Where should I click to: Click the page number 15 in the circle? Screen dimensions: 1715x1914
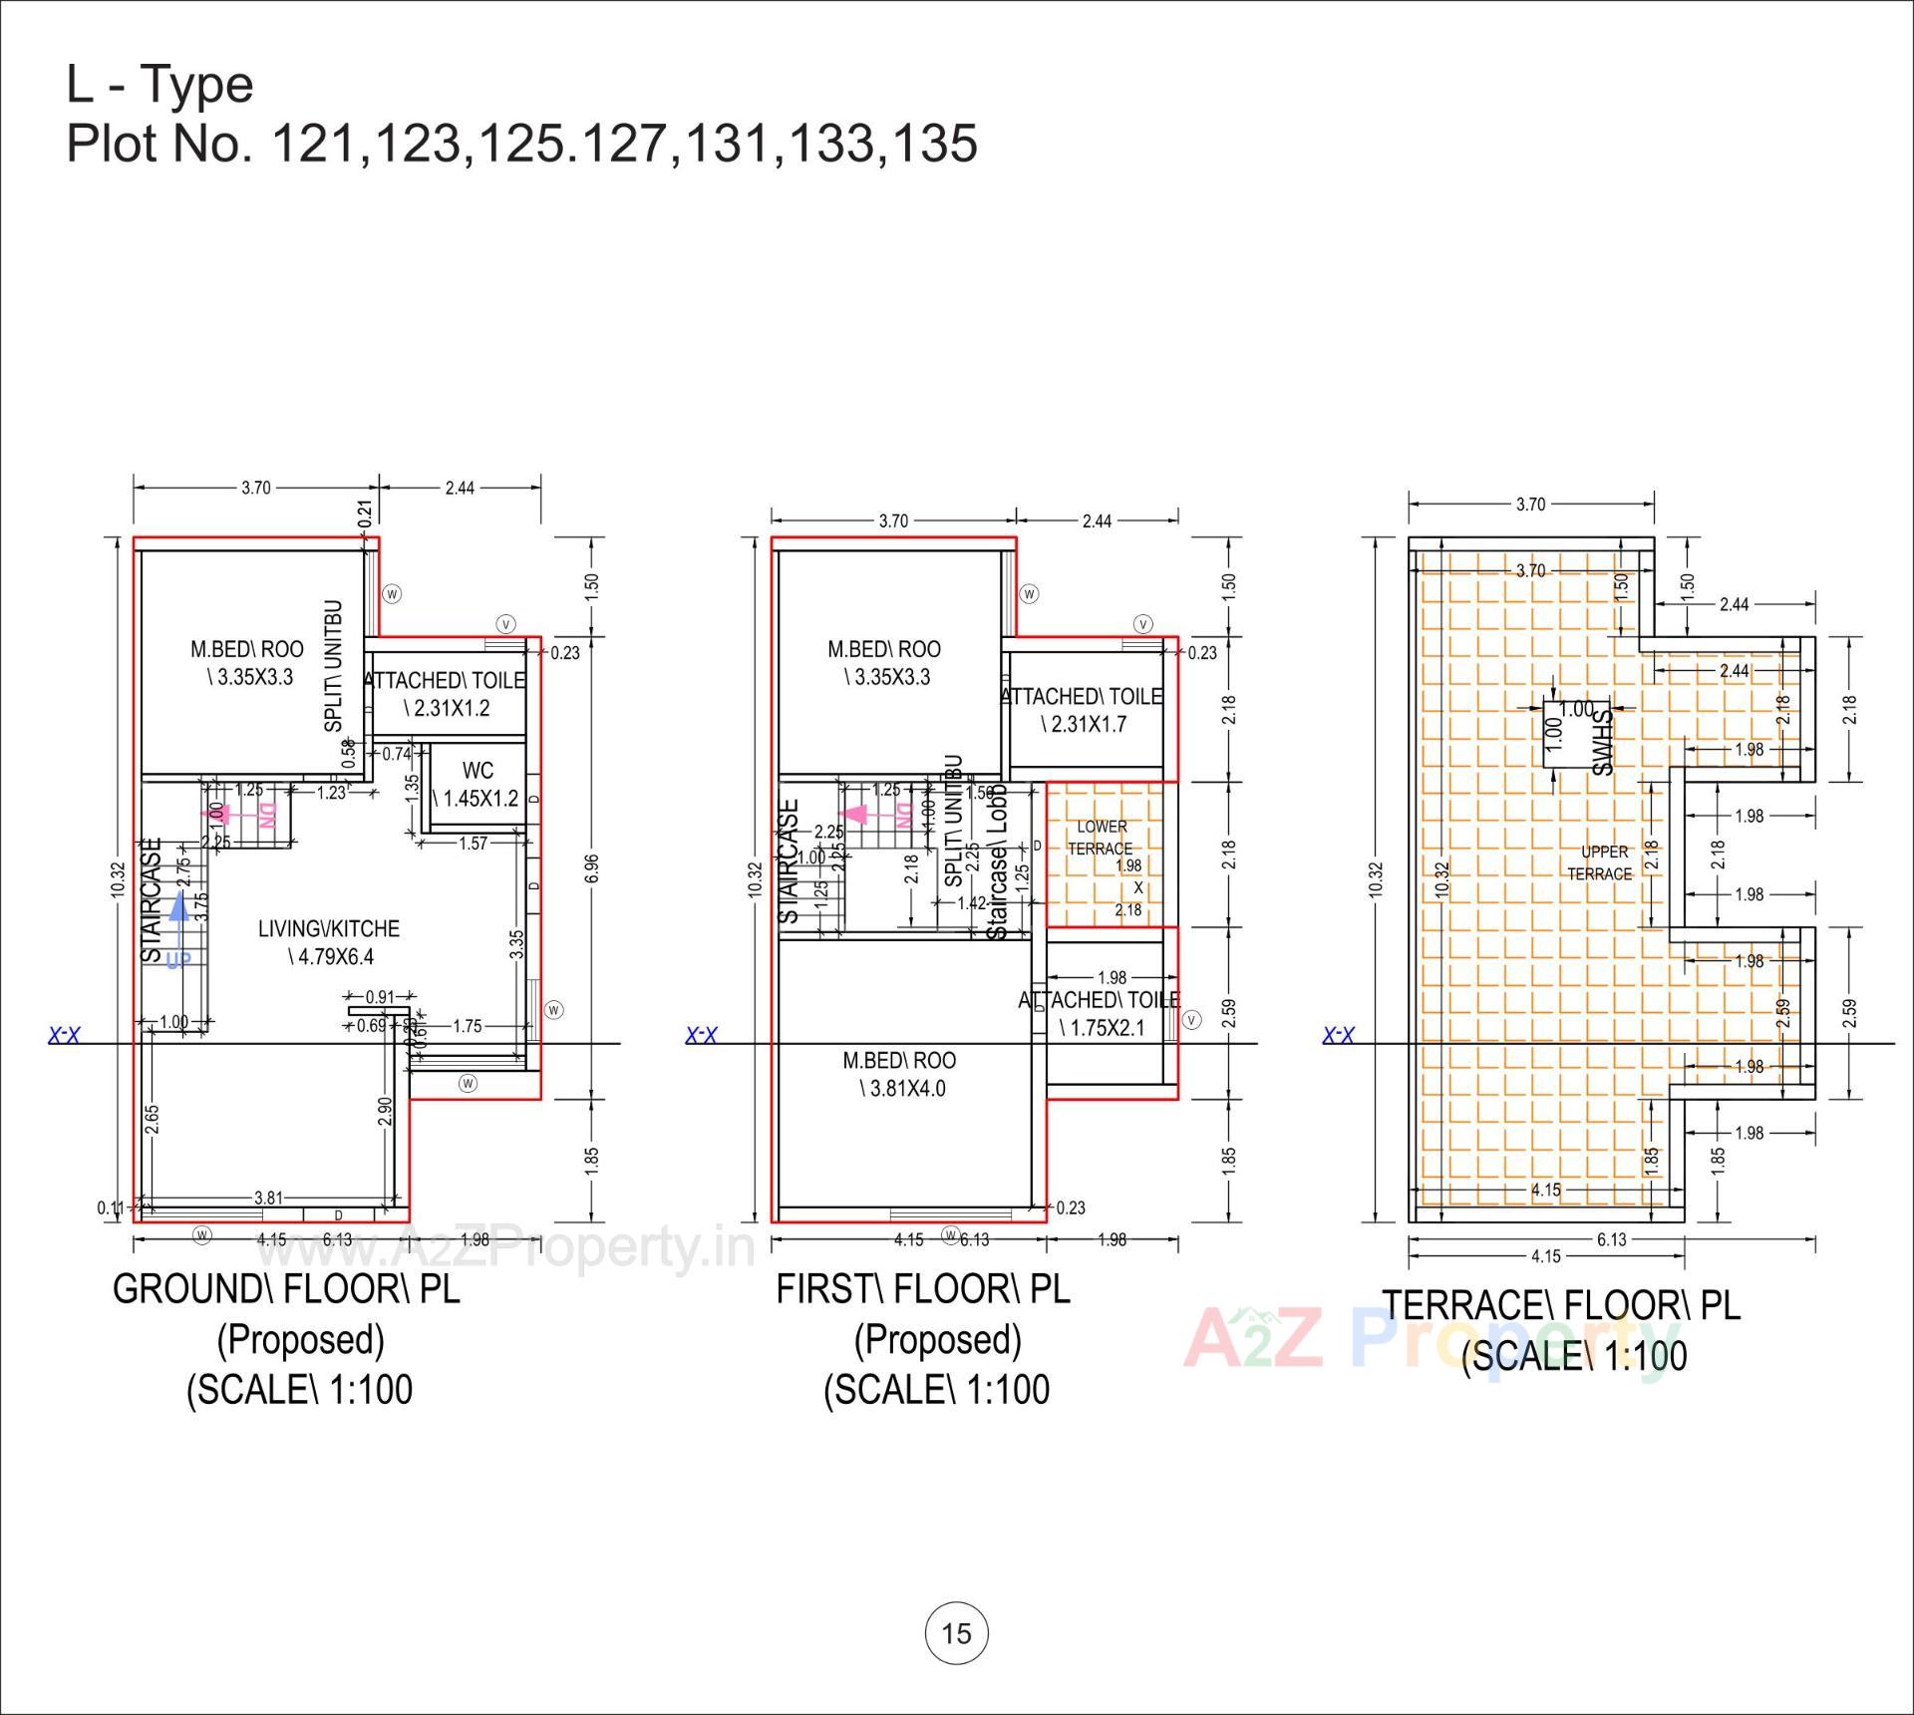(x=956, y=1632)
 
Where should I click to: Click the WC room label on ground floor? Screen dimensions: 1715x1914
(x=478, y=784)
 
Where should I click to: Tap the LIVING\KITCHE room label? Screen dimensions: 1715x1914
(x=329, y=942)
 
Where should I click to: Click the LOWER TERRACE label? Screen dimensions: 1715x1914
(x=1101, y=838)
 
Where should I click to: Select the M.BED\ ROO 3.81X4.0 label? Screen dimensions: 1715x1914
(x=899, y=1074)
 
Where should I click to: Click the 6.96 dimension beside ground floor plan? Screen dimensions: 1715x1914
(x=592, y=868)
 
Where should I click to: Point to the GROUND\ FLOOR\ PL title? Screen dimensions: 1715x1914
(x=287, y=1288)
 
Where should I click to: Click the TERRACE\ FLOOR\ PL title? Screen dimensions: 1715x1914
(x=1560, y=1304)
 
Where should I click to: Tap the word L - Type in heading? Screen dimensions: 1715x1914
(x=160, y=84)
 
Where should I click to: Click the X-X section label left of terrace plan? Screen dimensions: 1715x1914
(x=1338, y=1035)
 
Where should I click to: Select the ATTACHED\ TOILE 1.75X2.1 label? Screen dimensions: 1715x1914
(x=1098, y=1013)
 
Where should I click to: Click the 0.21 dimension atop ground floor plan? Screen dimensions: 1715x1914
(x=365, y=513)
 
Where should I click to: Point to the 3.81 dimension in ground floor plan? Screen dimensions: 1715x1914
(x=268, y=1198)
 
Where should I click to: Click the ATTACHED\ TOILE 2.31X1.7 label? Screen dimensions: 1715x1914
(x=1083, y=710)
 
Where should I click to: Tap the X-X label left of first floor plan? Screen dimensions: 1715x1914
(x=702, y=1035)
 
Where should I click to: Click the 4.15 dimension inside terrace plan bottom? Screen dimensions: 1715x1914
(x=1546, y=1190)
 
